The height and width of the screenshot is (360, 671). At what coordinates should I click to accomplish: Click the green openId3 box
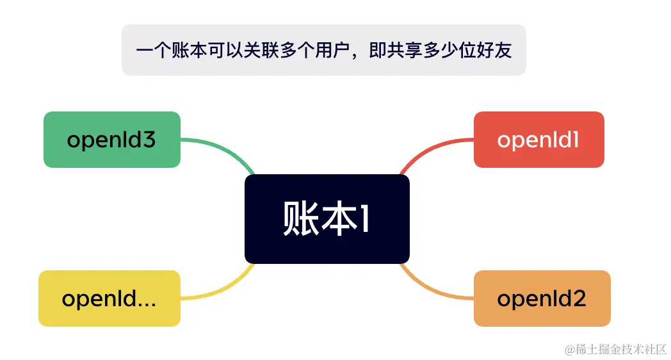tap(111, 140)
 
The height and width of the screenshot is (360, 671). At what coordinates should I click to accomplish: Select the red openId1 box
tap(538, 140)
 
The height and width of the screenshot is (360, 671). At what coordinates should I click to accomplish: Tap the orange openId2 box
tap(542, 299)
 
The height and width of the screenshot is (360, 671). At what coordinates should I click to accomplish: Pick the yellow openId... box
tap(109, 299)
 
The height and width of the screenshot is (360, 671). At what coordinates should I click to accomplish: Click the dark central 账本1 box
tap(327, 219)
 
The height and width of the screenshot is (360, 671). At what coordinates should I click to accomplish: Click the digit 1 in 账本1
tap(363, 219)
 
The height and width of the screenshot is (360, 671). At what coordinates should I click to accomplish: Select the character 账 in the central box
tap(300, 219)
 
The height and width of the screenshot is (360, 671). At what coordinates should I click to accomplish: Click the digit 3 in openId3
tap(149, 140)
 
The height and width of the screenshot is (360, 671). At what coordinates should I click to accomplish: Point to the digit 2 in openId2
tap(579, 299)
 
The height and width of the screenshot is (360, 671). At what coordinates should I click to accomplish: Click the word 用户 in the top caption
tap(332, 51)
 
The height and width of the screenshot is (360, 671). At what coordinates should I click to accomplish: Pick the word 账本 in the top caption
tap(189, 51)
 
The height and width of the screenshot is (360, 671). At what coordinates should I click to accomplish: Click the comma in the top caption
tap(357, 55)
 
